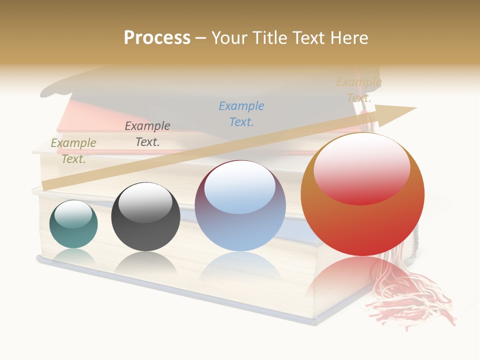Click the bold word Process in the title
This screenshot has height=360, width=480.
[x=157, y=38]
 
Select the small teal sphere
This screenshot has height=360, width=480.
[x=73, y=224]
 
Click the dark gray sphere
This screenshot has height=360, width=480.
[x=145, y=216]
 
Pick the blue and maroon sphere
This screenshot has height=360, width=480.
[x=240, y=206]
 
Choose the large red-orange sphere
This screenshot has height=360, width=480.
[x=362, y=194]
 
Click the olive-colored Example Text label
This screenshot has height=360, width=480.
[x=73, y=151]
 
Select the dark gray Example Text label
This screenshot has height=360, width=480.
[x=147, y=134]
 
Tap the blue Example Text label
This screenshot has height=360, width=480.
[x=241, y=114]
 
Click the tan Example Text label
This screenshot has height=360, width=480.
[x=358, y=90]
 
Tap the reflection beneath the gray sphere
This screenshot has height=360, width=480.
[x=145, y=262]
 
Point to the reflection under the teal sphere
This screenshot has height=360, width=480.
[x=73, y=256]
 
